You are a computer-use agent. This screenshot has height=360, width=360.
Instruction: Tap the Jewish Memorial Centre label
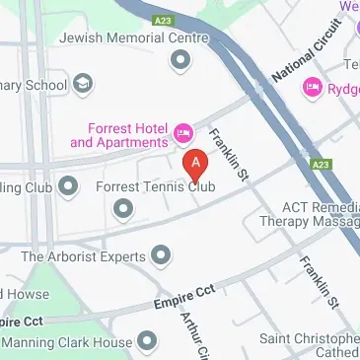134,37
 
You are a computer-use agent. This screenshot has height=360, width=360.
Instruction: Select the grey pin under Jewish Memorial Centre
180,62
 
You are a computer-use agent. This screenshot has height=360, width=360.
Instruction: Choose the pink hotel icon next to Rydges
314,88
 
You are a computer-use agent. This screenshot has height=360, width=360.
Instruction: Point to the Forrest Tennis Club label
155,185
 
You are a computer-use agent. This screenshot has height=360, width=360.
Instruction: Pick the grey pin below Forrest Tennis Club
122,208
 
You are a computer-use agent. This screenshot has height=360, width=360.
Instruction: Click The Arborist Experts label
83,256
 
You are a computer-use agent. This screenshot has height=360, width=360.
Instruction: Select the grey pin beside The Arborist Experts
160,256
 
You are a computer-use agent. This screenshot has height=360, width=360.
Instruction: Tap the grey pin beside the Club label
68,184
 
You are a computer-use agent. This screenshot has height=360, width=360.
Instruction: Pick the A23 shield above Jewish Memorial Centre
164,18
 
